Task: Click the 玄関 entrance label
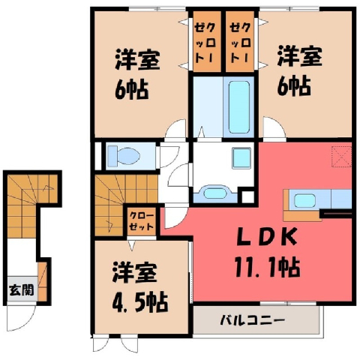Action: pos(22,290)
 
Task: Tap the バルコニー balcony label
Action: pos(253,319)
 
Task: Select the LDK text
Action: pos(267,236)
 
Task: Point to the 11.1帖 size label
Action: pos(267,268)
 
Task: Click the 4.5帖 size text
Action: pos(140,301)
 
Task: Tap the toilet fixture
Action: pos(123,156)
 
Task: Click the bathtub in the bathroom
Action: pos(239,106)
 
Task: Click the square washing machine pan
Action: pos(241,157)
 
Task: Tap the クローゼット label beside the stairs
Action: pos(142,221)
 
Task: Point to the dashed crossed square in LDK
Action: pos(341,157)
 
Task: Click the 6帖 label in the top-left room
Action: pos(132,90)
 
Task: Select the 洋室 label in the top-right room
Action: pos(299,56)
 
